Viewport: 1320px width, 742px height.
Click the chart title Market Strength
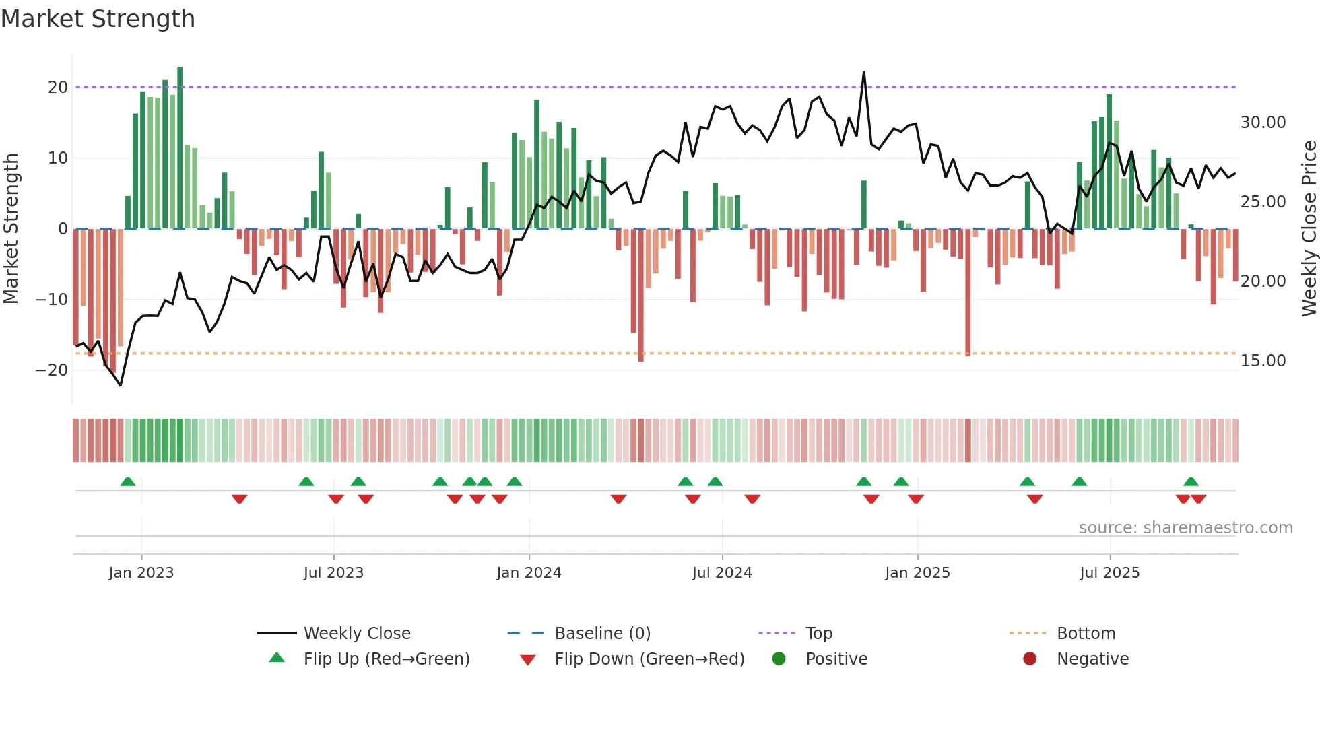click(98, 19)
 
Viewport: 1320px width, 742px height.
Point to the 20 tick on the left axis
click(58, 88)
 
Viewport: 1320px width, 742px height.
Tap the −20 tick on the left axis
click(52, 370)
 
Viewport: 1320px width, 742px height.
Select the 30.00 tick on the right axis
click(1263, 123)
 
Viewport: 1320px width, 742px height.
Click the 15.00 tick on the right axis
click(1263, 361)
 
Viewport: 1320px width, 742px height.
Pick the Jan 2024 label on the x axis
click(529, 573)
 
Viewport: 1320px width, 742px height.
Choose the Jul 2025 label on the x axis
click(1109, 573)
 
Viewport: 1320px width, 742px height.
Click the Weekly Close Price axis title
click(1309, 229)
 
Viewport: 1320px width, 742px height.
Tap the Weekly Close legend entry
click(356, 634)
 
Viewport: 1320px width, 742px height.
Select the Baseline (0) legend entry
click(602, 634)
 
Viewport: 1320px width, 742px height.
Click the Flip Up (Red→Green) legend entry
click(386, 659)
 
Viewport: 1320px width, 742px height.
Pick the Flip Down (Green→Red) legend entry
click(649, 659)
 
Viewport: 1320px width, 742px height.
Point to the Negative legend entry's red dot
click(1030, 659)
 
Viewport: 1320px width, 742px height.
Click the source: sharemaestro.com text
click(1185, 528)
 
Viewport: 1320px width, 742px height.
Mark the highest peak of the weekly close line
click(864, 72)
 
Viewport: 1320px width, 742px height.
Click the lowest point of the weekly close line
click(121, 385)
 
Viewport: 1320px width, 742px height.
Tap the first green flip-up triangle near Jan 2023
click(128, 481)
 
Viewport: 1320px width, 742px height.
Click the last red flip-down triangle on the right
click(1198, 499)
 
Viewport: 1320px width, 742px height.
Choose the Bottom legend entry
click(1086, 634)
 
